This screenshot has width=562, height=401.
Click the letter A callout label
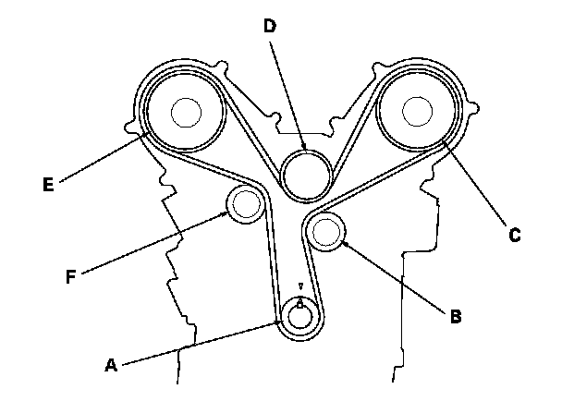(x=111, y=366)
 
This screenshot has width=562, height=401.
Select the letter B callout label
(x=455, y=317)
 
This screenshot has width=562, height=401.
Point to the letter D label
(x=269, y=27)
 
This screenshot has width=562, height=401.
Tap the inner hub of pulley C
(x=418, y=112)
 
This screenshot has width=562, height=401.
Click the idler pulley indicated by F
(x=245, y=203)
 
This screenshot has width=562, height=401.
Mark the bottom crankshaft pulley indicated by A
(x=299, y=315)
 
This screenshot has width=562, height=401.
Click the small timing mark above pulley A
(x=299, y=286)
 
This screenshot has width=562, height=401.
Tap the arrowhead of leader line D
(x=303, y=149)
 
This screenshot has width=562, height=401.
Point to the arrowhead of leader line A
(x=282, y=322)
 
